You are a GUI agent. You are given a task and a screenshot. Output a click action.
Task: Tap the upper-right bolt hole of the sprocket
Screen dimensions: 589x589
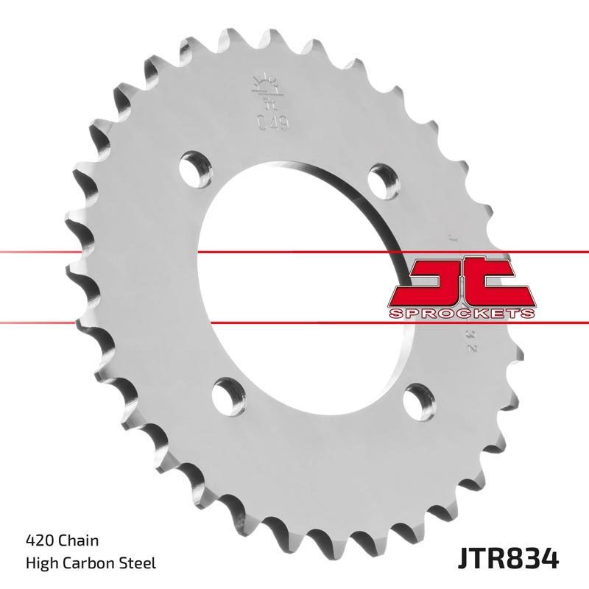tap(381, 177)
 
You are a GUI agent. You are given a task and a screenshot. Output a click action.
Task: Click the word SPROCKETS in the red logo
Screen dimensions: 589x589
tap(459, 314)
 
